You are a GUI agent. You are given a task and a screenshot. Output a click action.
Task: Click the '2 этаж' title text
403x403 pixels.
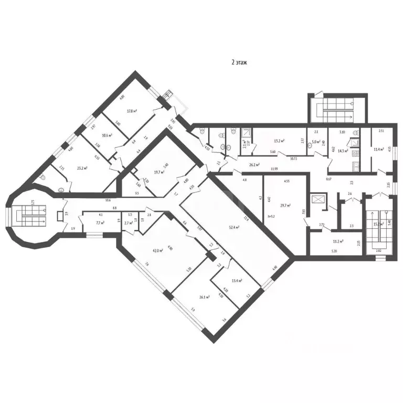239,62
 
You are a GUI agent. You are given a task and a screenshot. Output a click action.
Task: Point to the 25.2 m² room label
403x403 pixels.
81,168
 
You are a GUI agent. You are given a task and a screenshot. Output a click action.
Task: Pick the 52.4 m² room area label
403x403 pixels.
234,227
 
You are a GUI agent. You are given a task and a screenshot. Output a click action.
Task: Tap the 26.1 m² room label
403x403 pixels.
204,296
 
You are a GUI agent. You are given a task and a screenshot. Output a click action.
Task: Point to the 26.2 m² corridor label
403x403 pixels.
255,164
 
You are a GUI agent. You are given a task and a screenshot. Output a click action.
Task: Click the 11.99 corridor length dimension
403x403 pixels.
274,169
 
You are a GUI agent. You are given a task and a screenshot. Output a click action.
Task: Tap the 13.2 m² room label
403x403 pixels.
279,141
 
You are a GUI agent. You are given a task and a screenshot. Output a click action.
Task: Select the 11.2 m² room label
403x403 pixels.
338,241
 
